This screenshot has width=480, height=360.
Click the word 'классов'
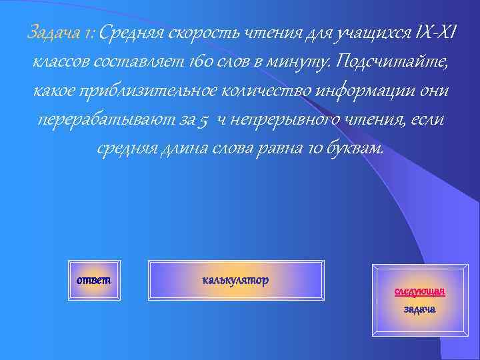coord(61,62)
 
